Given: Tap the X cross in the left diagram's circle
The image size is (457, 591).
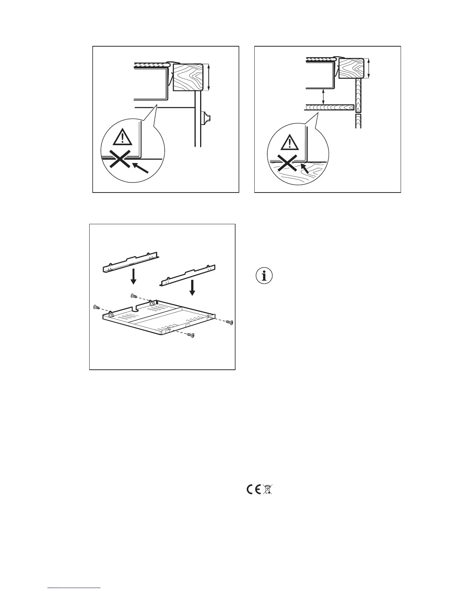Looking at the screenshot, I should pos(119,160).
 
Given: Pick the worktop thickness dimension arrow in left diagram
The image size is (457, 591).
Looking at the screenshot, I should pos(209,78).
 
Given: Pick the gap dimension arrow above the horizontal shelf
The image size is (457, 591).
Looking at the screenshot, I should pos(324,96).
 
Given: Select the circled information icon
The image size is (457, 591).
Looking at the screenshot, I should pos(265,276).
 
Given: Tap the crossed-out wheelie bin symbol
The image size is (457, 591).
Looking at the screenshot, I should pos(268,490).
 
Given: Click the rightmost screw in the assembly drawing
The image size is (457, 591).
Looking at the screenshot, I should pos(230,322).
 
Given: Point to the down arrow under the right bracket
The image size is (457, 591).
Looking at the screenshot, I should pos(193,287).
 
